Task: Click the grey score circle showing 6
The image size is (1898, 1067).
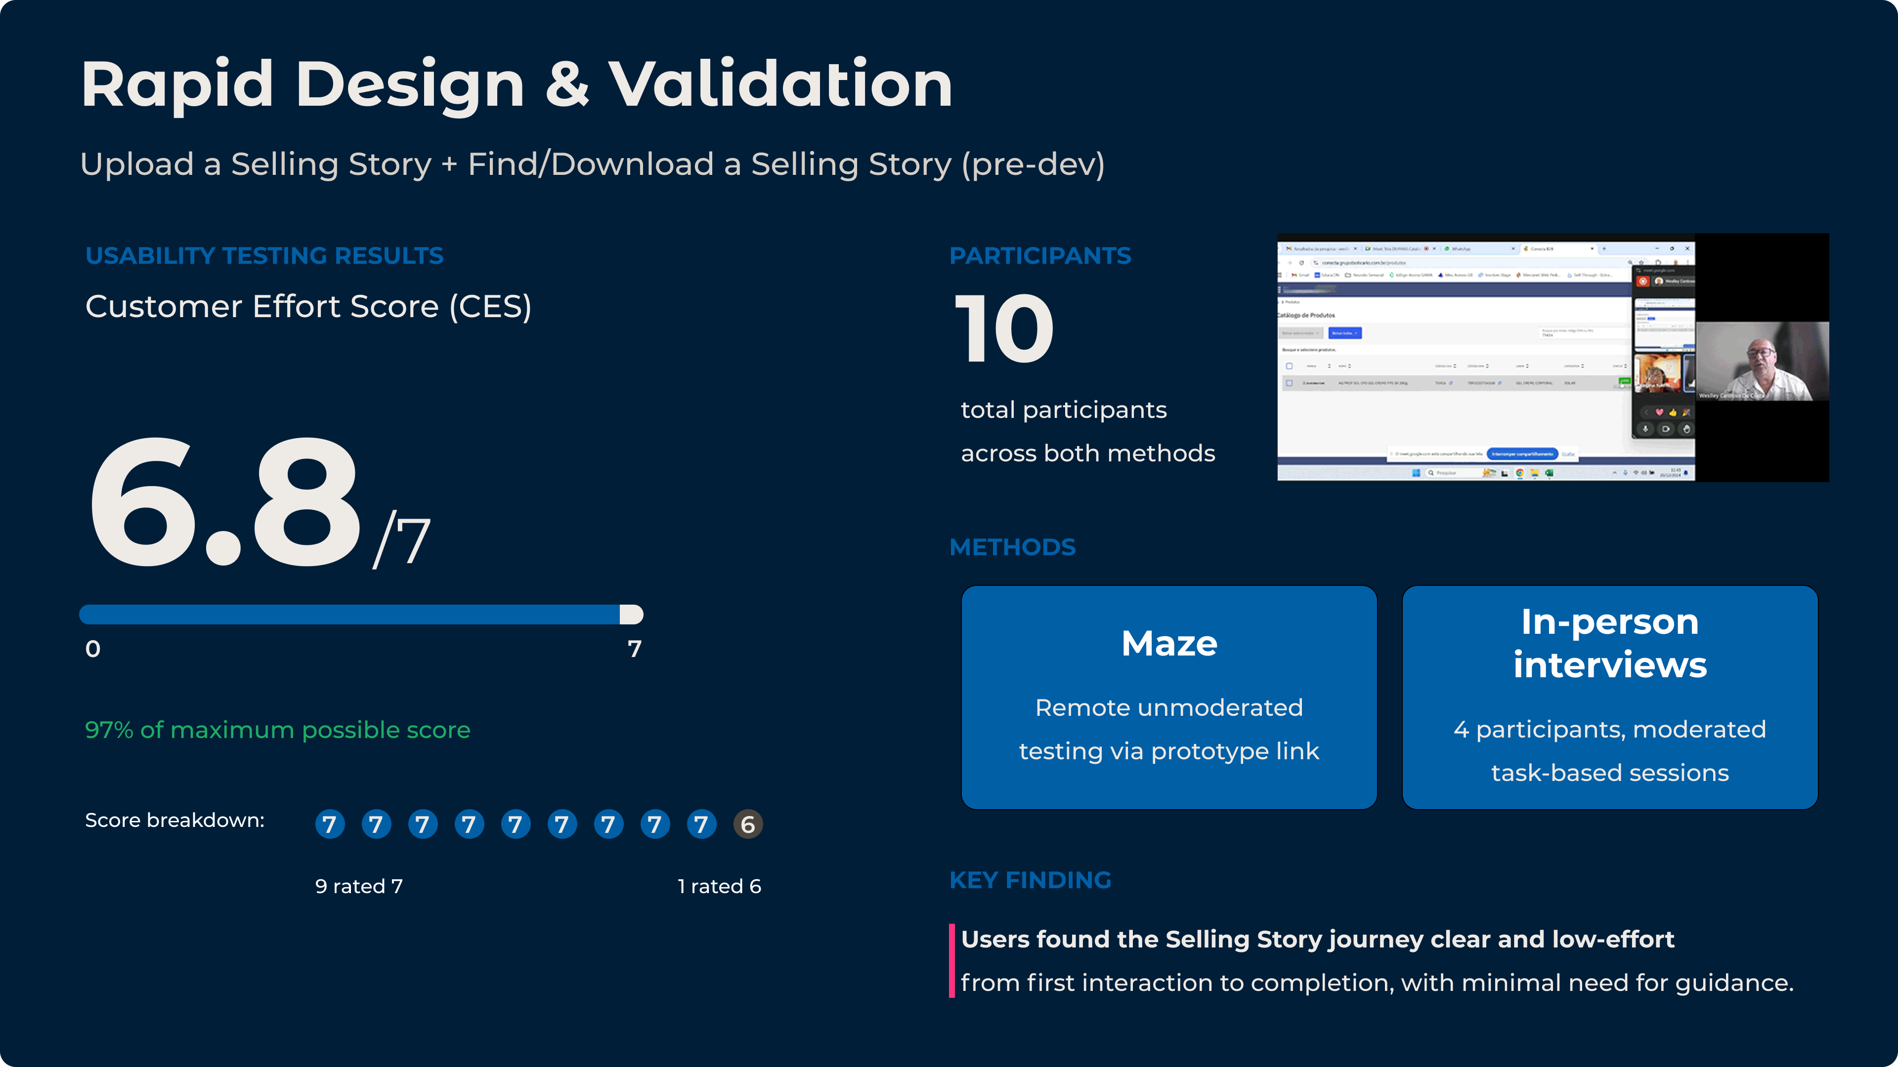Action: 747,824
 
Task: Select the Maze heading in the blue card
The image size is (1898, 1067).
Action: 1168,643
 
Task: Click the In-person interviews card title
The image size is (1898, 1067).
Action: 1610,643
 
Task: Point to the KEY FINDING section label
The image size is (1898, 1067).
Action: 1030,880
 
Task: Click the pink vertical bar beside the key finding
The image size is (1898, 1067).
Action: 952,960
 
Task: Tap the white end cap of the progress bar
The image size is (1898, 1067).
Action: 632,614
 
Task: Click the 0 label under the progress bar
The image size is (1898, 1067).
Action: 93,649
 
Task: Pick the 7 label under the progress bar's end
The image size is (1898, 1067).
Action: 634,649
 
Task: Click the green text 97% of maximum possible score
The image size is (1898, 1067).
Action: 278,730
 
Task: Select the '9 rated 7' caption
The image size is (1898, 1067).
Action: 359,886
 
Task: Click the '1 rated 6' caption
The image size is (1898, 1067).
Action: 719,886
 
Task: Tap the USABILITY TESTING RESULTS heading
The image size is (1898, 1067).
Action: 264,255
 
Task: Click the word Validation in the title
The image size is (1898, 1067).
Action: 780,84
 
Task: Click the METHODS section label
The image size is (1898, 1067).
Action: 1012,547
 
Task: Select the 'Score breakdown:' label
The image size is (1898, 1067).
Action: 174,821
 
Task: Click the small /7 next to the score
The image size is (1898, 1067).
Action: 401,541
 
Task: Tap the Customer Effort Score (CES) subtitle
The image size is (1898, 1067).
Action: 308,306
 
